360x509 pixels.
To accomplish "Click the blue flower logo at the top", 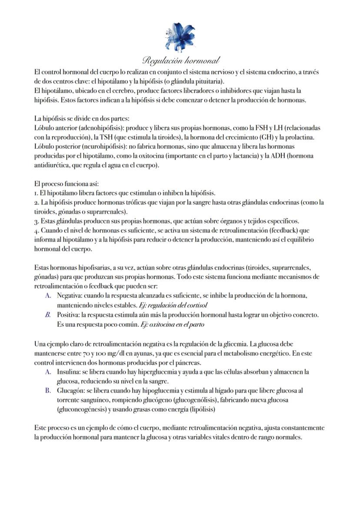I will [x=180, y=37].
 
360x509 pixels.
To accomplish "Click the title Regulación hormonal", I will [x=180, y=60].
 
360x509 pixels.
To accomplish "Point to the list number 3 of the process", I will [x=36, y=221].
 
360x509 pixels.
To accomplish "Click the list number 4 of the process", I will [x=36, y=230].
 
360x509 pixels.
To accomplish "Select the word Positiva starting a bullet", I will [x=68, y=314].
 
